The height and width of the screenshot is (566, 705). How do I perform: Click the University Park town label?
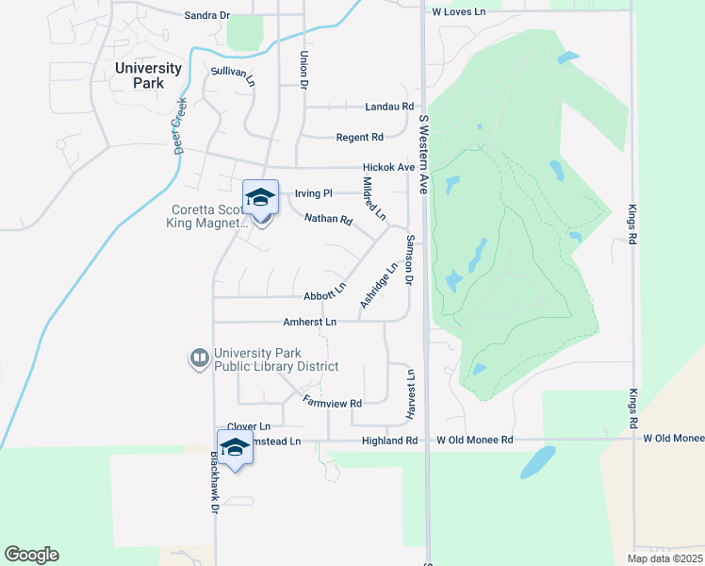148,75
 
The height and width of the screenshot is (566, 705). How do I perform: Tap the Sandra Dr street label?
207,15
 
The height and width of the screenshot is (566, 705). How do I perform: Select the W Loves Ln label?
458,12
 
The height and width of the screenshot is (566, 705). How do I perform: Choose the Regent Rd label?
360,138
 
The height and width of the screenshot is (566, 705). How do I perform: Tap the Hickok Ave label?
388,167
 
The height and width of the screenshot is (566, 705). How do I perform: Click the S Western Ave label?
423,156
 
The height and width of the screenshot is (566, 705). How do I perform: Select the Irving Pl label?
314,193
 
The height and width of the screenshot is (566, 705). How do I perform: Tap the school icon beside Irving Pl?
260,197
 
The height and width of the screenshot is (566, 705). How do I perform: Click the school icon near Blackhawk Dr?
235,447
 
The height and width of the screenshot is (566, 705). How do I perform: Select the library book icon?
199,358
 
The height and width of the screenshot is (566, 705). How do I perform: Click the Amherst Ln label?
310,322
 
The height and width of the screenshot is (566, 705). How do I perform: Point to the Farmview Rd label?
333,403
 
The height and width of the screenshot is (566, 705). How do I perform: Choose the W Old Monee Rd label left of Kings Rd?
474,441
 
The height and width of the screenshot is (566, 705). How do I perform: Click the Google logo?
31,555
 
